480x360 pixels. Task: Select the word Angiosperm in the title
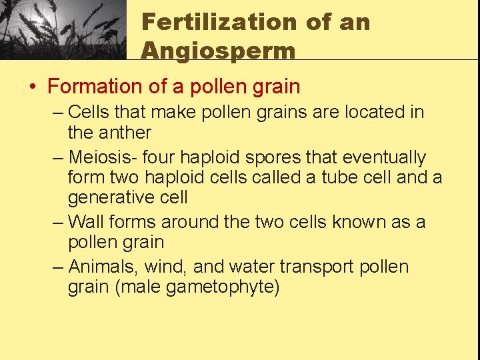218,51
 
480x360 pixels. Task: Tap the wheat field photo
63,30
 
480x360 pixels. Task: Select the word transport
317,267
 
